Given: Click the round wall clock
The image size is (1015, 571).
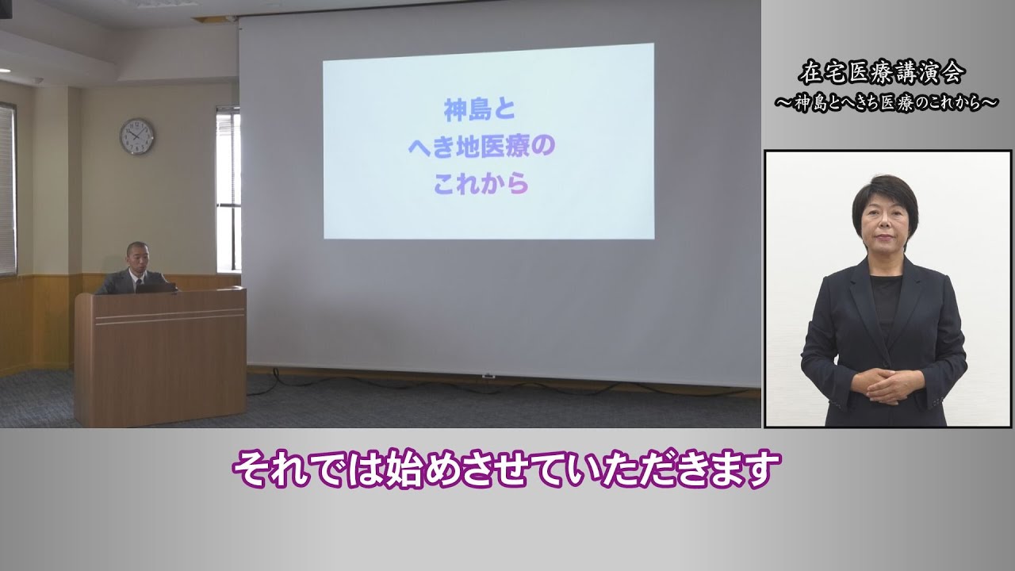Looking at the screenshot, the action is tap(137, 136).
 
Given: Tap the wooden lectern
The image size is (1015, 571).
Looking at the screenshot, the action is tap(161, 357).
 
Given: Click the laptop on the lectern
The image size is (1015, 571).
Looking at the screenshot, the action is tap(156, 288).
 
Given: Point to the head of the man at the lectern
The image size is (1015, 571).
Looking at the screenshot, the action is tap(137, 255).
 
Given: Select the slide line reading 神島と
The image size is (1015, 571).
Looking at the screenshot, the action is tap(480, 110).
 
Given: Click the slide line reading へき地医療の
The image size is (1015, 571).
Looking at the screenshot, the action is tap(481, 147).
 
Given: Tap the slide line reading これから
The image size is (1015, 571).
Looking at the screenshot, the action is tap(481, 183).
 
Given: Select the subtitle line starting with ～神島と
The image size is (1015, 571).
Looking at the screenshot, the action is tap(887, 103).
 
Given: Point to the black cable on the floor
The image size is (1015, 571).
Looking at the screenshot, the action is tap(499, 385).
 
